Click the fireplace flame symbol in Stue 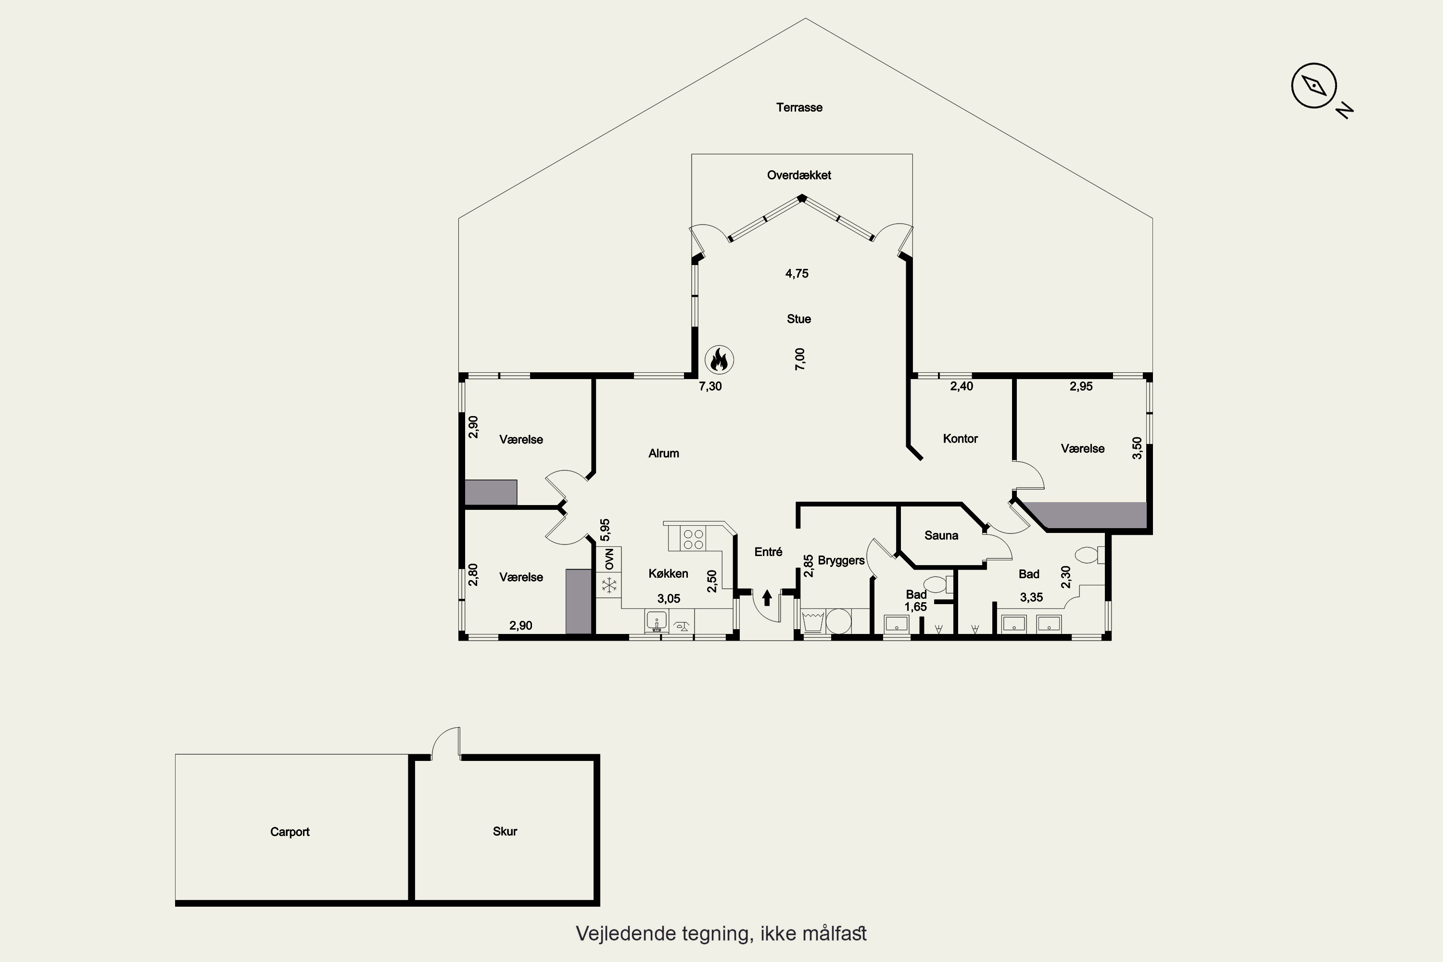(x=719, y=359)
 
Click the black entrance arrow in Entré (x=767, y=597)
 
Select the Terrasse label (x=799, y=107)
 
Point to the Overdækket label (x=799, y=175)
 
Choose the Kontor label (x=960, y=439)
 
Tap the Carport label (x=290, y=832)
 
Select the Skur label (x=505, y=831)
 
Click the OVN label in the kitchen (x=609, y=558)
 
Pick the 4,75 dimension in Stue (x=797, y=274)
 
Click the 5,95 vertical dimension (x=605, y=530)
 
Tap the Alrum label (x=664, y=454)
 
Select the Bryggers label (x=841, y=561)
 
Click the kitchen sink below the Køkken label (x=657, y=621)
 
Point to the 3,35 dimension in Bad (x=1031, y=597)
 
